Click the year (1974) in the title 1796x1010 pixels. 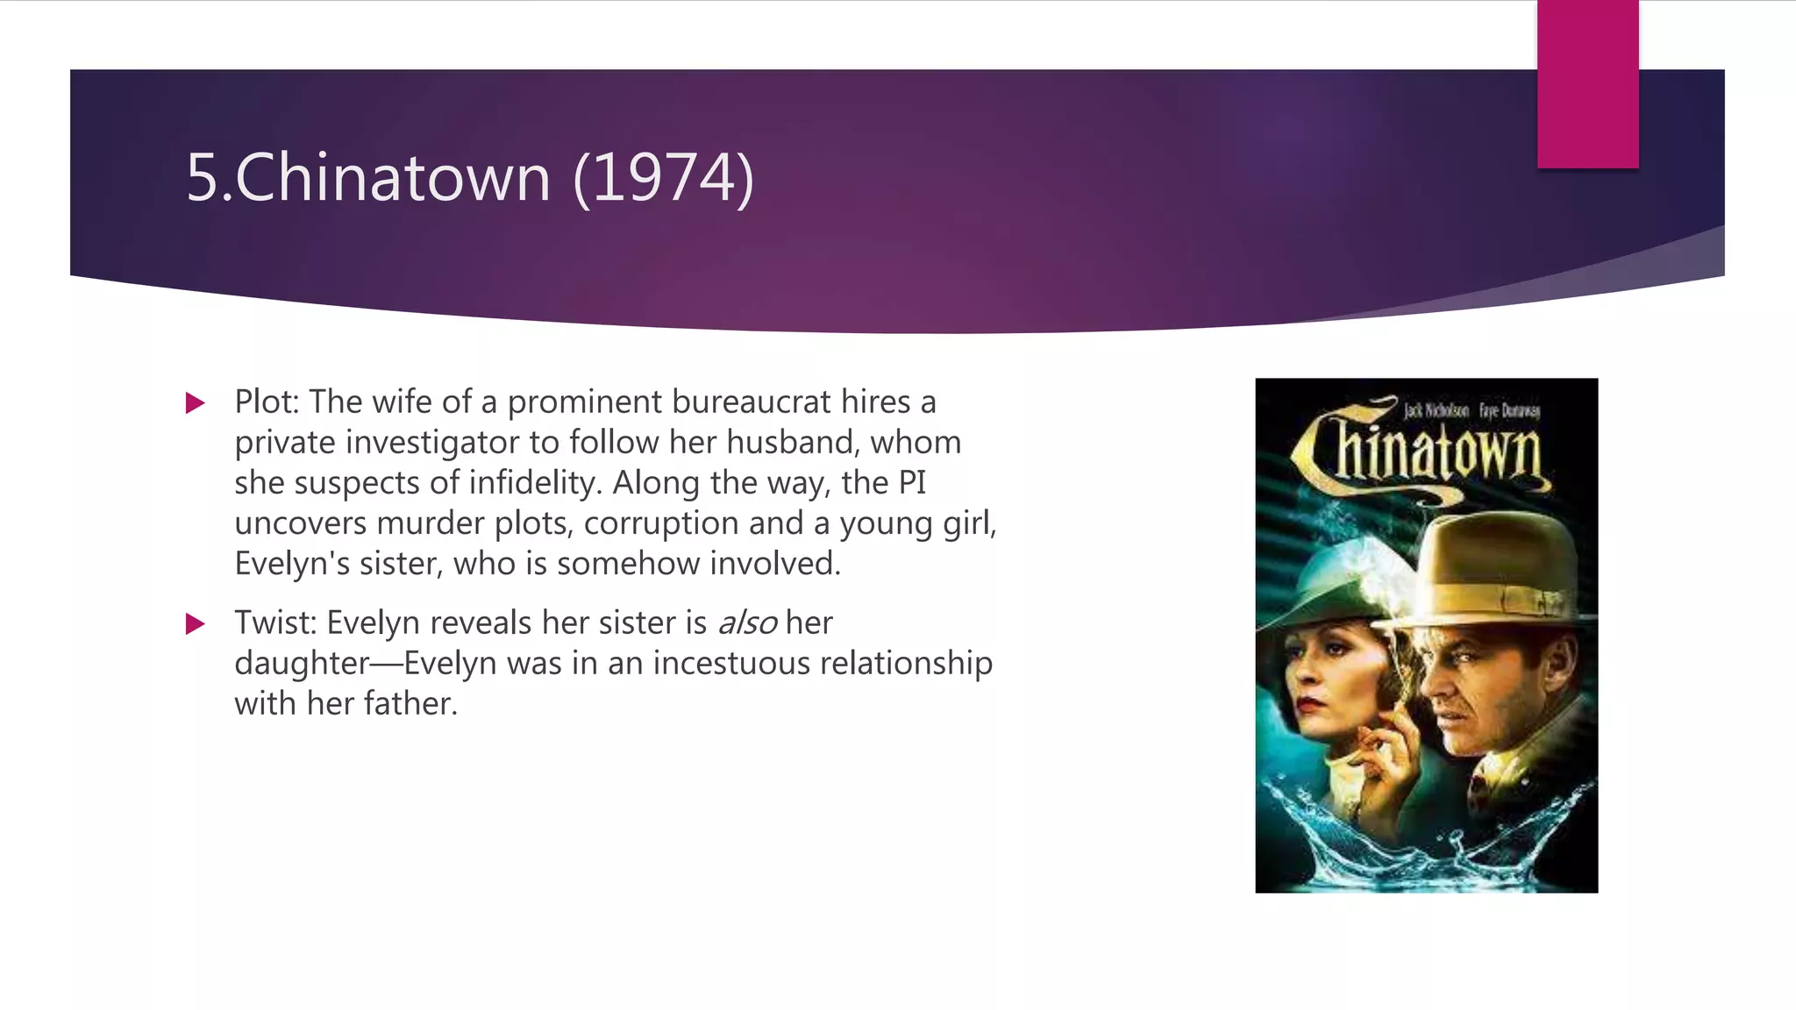tap(663, 178)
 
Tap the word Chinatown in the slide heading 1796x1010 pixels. tap(392, 178)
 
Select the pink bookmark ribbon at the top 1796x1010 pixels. tap(1587, 83)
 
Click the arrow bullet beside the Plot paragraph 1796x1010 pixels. tap(196, 403)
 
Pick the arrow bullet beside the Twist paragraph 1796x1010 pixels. tap(196, 624)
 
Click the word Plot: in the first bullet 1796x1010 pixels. tap(267, 402)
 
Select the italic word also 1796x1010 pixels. tap(747, 623)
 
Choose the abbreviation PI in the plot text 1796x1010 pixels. tap(912, 483)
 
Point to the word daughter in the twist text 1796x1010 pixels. tap(302, 664)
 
